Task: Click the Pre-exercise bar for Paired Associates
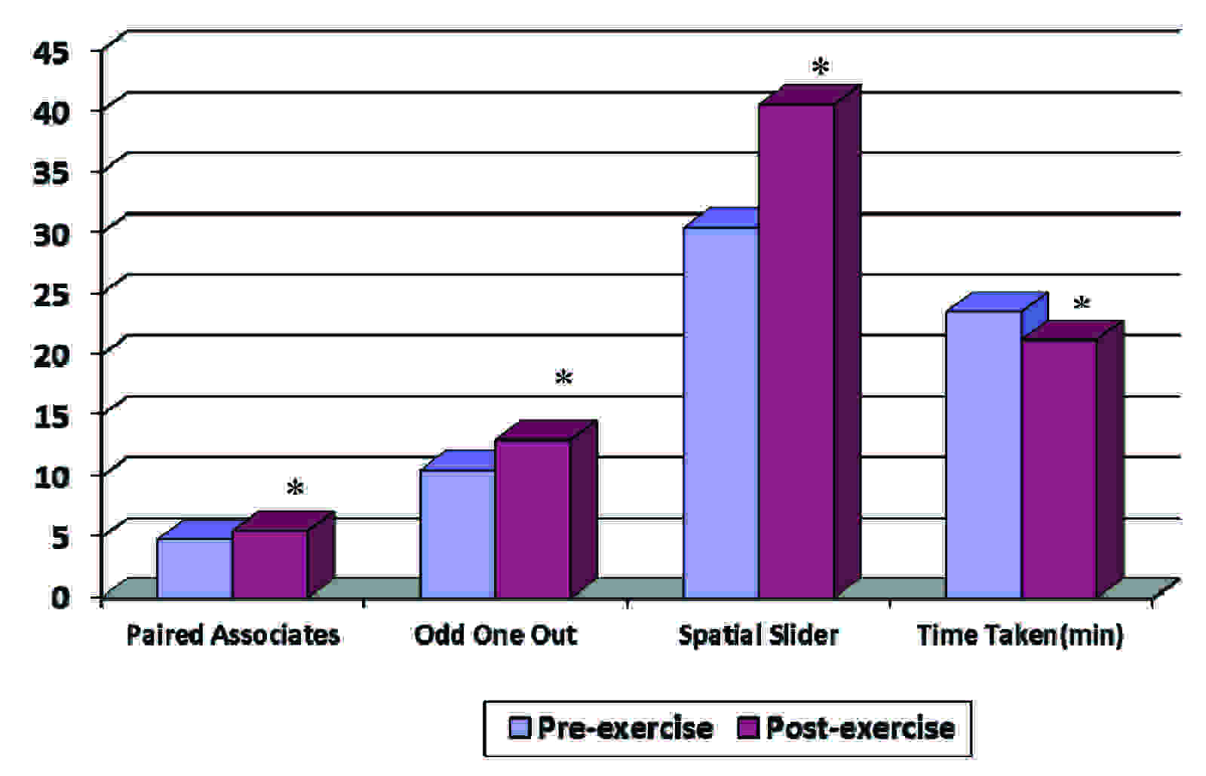click(195, 567)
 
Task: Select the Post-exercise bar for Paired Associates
click(270, 563)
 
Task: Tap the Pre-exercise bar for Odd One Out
click(458, 533)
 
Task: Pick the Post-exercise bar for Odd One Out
click(532, 519)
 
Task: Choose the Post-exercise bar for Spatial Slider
click(796, 351)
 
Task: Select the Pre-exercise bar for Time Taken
click(984, 454)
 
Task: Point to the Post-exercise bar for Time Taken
click(1059, 468)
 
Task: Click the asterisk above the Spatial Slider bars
click(820, 68)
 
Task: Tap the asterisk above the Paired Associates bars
click(295, 489)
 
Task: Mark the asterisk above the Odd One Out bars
click(563, 378)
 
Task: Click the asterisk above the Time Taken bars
click(1082, 305)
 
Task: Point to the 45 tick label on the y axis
click(51, 51)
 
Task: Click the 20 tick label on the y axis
click(51, 354)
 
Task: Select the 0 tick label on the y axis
click(60, 597)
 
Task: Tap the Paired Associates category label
click(232, 635)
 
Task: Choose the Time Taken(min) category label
click(1020, 635)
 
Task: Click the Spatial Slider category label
click(758, 635)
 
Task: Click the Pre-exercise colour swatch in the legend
click(520, 728)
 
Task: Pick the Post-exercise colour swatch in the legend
click(748, 728)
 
